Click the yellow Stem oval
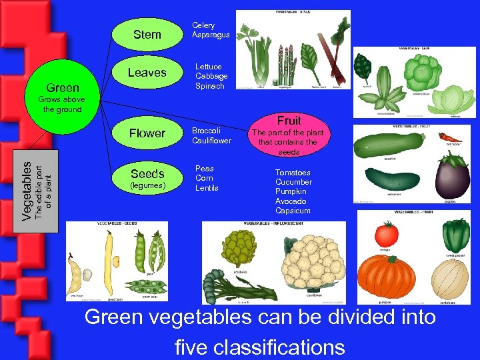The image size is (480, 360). point(147,33)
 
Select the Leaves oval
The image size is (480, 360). point(147,73)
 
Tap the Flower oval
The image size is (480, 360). point(147,133)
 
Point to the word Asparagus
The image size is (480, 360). point(211,35)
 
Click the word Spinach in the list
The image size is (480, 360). point(209,86)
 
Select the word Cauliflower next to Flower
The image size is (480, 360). point(211,141)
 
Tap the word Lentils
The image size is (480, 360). point(207,188)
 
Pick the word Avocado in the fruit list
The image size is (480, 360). point(291,201)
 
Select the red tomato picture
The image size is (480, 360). point(386,233)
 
